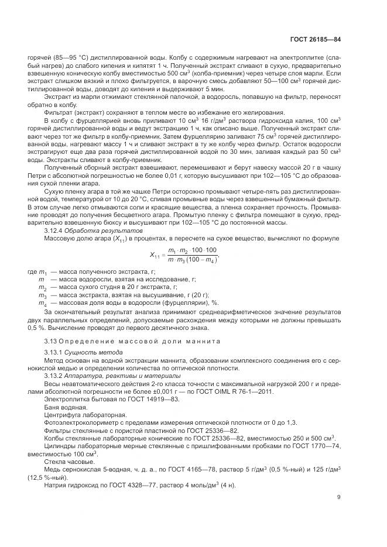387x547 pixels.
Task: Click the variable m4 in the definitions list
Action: click(x=42, y=302)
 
